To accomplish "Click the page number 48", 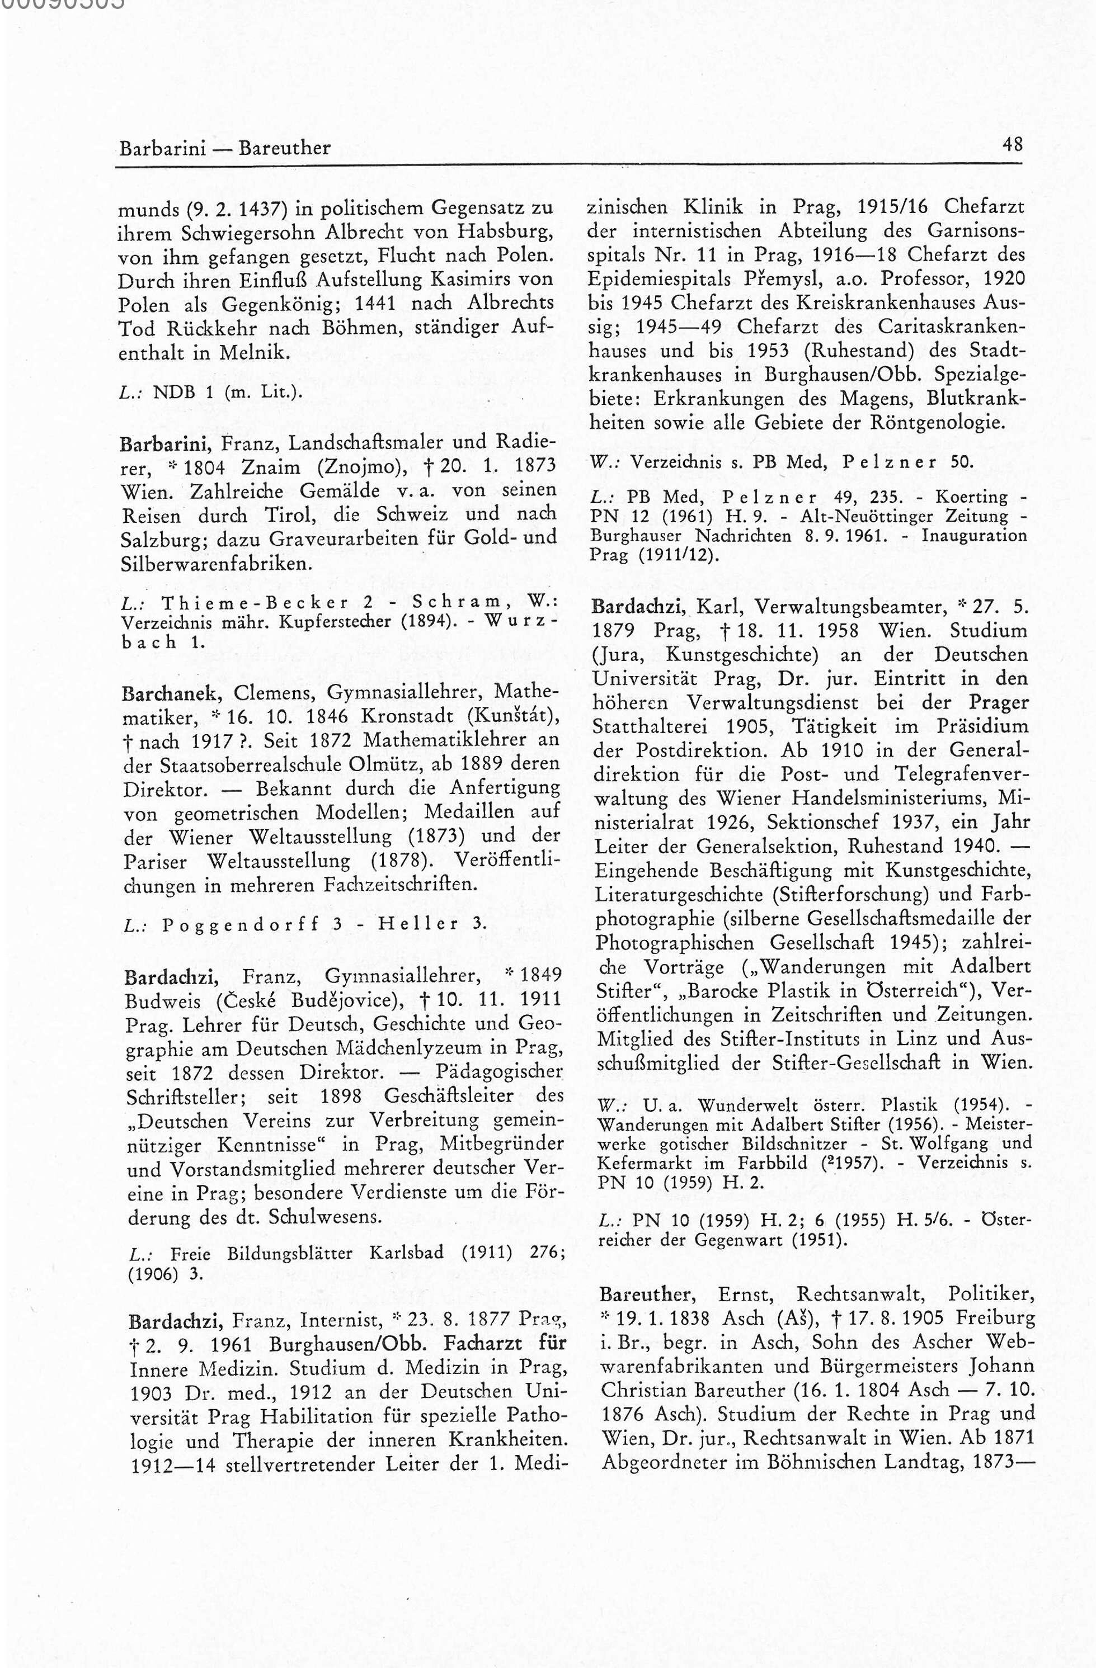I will pyautogui.click(x=1013, y=146).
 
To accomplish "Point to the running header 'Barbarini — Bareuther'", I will pyautogui.click(x=224, y=149).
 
